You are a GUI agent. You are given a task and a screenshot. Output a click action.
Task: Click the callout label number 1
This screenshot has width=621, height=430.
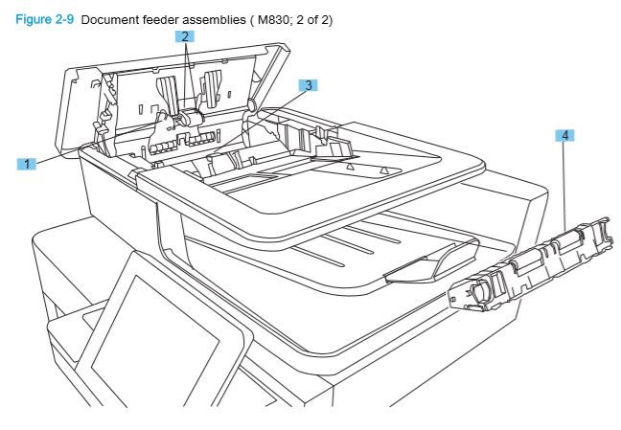coord(27,164)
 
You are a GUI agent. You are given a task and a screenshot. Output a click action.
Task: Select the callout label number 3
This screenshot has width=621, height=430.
coord(307,85)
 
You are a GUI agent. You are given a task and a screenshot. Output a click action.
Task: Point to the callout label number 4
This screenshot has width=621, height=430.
coord(565,135)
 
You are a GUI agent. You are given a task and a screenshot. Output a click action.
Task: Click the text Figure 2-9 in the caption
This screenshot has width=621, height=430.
coord(45,20)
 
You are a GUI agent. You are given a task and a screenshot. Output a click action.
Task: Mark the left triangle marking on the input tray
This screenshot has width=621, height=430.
coord(350,166)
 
